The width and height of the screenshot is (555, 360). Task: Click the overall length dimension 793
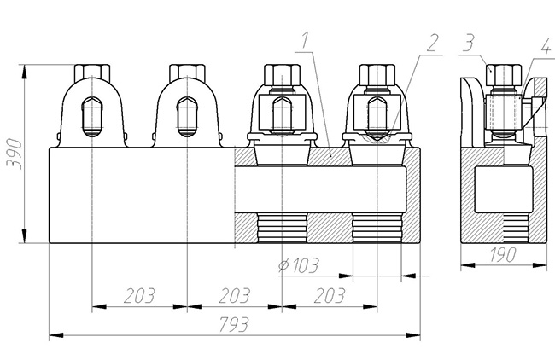coord(234,325)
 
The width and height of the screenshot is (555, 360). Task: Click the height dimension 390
coord(15,154)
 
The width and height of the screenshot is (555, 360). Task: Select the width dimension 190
coord(504,255)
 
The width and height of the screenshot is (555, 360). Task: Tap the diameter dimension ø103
coord(299,265)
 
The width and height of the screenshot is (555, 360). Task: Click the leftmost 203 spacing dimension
coord(139,296)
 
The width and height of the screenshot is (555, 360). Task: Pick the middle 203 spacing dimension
coord(234,296)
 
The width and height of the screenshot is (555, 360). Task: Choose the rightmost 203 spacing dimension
coord(330,296)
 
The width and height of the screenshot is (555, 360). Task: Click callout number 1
coord(305,40)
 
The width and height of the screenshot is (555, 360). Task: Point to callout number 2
coord(433,44)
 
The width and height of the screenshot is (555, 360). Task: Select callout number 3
coord(468,44)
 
